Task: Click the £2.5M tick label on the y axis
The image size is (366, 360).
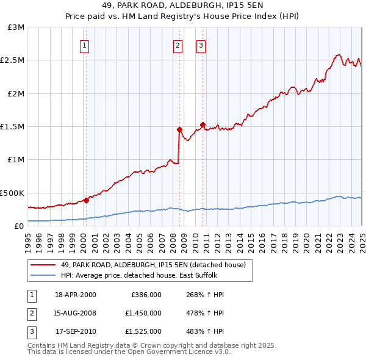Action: (x=12, y=60)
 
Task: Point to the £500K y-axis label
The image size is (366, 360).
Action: (x=12, y=193)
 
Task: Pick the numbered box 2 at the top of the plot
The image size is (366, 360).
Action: (x=178, y=45)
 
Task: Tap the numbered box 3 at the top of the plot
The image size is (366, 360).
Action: (x=201, y=45)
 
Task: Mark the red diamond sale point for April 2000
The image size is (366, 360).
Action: (x=87, y=200)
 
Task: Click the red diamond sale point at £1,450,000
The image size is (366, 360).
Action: (x=179, y=129)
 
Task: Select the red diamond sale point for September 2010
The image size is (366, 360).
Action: (x=203, y=124)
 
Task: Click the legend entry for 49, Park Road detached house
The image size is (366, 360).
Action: (x=152, y=265)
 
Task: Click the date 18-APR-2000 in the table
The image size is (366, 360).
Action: (x=76, y=294)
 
